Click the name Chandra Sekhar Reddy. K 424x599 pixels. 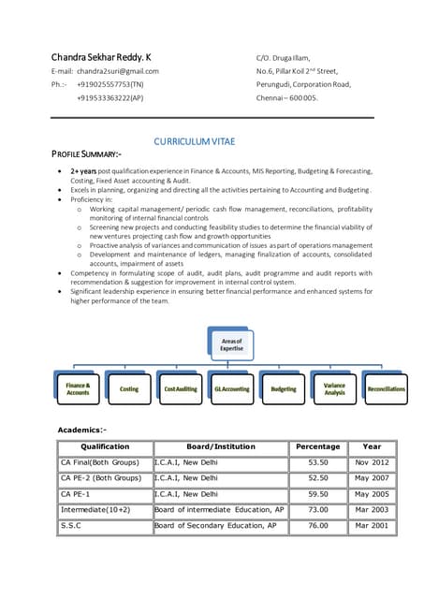pyautogui.click(x=103, y=56)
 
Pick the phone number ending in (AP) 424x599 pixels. pyautogui.click(x=110, y=97)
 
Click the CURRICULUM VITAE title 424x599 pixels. pyautogui.click(x=195, y=141)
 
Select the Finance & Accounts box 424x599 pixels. pyautogui.click(x=78, y=388)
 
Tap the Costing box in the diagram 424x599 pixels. pyautogui.click(x=129, y=388)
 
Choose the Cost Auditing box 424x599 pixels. pyautogui.click(x=181, y=388)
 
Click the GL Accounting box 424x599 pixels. pyautogui.click(x=232, y=388)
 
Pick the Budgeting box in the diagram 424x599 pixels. pyautogui.click(x=283, y=388)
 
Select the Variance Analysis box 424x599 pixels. pyautogui.click(x=334, y=388)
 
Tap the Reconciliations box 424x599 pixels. pyautogui.click(x=386, y=388)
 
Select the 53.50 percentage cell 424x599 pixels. pyautogui.click(x=318, y=462)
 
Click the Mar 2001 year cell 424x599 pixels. pyautogui.click(x=372, y=526)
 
